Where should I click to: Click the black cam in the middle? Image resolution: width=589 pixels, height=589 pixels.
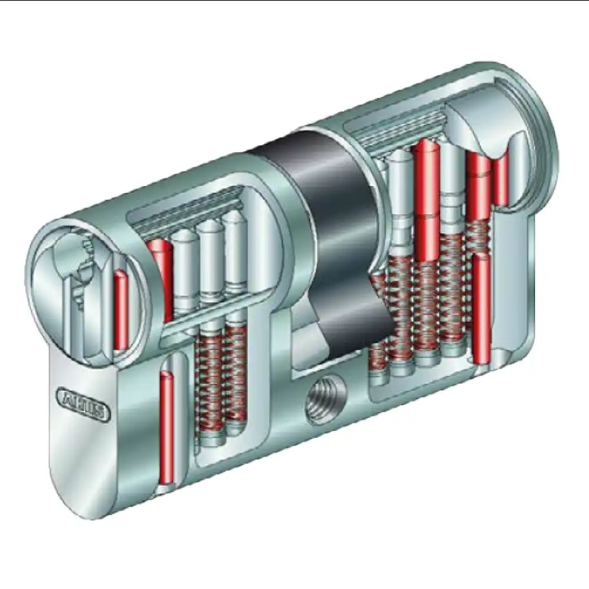330,236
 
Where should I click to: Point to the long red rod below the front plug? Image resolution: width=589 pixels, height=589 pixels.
167,424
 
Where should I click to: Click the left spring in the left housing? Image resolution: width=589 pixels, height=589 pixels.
210,383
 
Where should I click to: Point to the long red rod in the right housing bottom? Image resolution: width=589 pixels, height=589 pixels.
481,306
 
